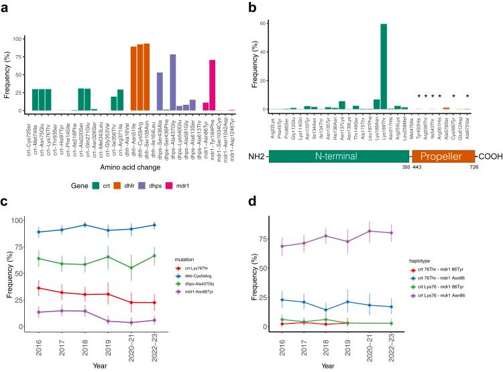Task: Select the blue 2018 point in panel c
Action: coord(85,225)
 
